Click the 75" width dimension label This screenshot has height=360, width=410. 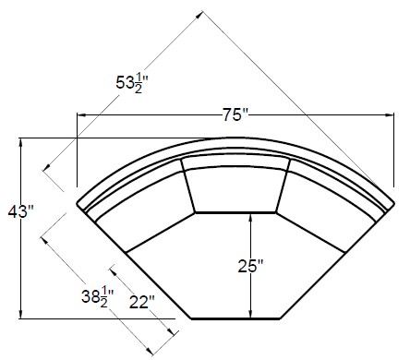pos(235,115)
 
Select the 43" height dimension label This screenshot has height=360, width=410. pos(20,211)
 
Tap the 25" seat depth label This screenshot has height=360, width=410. pos(251,266)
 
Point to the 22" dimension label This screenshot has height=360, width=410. pos(141,302)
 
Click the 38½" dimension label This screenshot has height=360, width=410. pos(98,296)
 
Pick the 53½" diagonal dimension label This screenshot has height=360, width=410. pos(132,82)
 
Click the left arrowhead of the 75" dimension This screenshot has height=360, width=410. pos(80,115)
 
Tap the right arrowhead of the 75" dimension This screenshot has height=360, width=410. pos(390,115)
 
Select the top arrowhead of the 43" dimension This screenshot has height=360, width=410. pos(20,142)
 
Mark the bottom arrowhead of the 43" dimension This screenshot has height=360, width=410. pos(20,315)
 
